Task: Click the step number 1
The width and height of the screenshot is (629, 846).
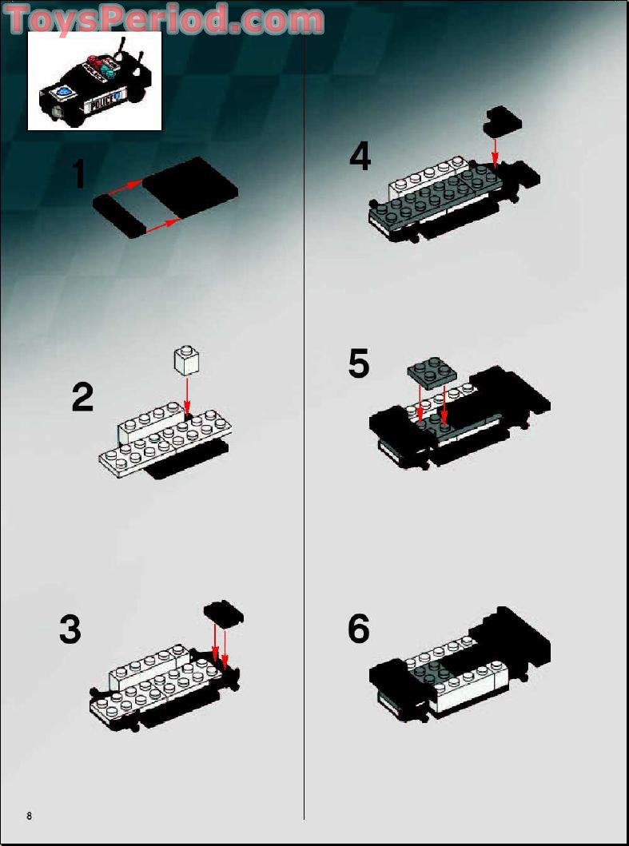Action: (78, 175)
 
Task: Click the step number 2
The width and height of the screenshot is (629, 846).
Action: (82, 397)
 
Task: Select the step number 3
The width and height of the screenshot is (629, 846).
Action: (70, 630)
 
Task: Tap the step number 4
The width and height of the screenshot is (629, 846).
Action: (360, 156)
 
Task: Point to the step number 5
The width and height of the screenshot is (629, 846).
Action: (360, 364)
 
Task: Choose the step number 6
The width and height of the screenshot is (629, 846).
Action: (359, 630)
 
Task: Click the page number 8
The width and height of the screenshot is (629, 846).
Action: (29, 816)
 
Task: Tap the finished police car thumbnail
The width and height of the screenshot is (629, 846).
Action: (94, 81)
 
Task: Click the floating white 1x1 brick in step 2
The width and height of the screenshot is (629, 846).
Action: (186, 360)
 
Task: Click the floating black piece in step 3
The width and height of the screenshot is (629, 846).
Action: (224, 614)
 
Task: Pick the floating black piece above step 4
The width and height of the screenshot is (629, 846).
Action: (503, 119)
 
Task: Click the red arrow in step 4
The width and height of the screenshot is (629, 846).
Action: (496, 150)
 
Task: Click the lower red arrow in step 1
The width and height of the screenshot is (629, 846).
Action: (161, 223)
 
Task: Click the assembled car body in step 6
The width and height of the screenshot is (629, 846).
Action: (460, 665)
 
